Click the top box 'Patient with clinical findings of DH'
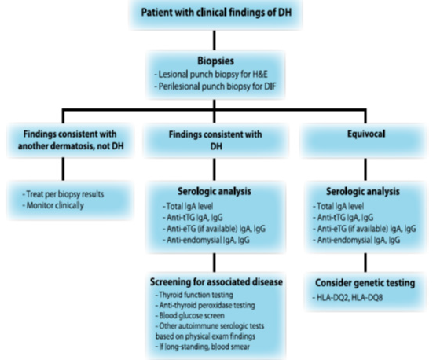(216, 14)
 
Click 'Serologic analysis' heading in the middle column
(216, 190)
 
